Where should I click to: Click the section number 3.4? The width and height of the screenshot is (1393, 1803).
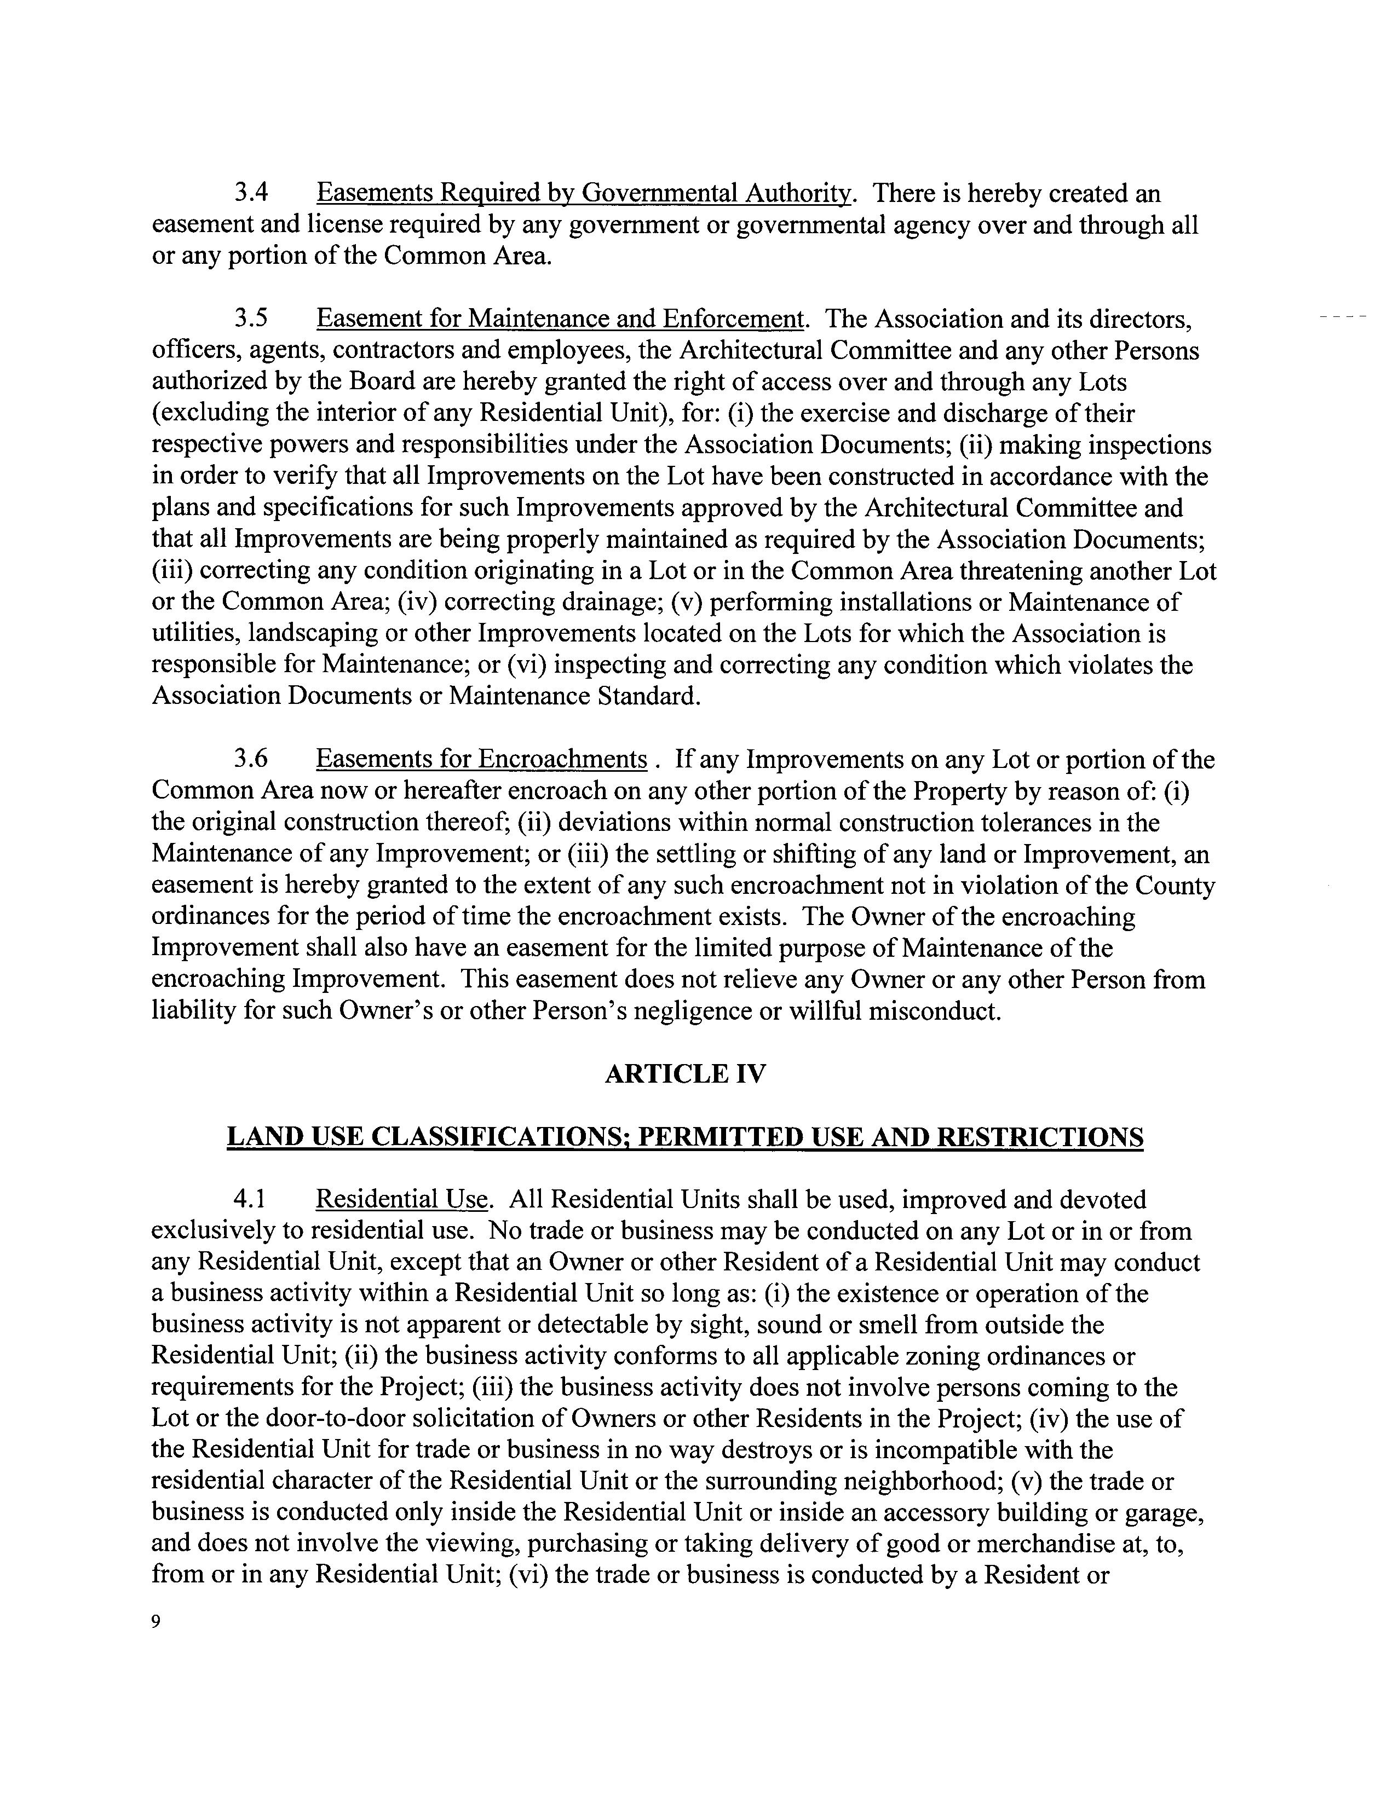(x=252, y=193)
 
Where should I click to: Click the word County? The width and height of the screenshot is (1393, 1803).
(x=1176, y=885)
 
